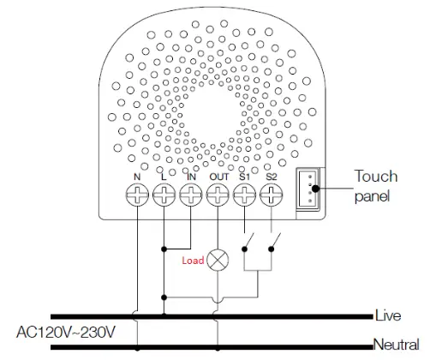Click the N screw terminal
[137, 195]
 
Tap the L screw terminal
[164, 195]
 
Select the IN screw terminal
[190, 195]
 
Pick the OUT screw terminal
[218, 195]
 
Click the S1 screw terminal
[245, 195]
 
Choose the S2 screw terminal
[272, 195]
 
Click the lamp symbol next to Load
[218, 258]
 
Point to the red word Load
[193, 260]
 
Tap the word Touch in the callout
[376, 177]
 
